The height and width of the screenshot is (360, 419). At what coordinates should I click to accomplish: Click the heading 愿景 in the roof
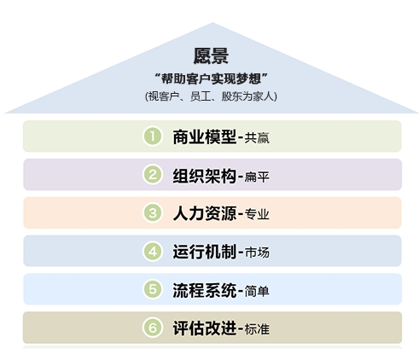tap(211, 55)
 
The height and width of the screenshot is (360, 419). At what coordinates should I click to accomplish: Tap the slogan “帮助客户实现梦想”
tap(211, 78)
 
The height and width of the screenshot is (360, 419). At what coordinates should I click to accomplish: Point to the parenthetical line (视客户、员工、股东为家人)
tap(211, 96)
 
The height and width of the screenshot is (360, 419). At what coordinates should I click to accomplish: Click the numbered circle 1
tap(153, 136)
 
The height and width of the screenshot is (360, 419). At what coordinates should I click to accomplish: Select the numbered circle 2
tap(153, 175)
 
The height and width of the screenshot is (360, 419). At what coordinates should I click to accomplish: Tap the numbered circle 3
tap(153, 212)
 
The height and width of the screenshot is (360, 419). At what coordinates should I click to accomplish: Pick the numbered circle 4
tap(153, 252)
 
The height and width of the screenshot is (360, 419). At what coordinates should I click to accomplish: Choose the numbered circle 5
tap(153, 289)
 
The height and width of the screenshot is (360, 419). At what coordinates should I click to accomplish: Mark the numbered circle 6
tap(153, 328)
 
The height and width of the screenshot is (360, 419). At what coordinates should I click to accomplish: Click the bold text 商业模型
tap(205, 136)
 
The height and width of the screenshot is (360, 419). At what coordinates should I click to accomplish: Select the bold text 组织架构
tap(205, 176)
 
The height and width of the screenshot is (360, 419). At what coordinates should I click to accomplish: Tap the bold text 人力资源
tap(205, 213)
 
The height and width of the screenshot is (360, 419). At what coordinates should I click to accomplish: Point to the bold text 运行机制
tap(205, 252)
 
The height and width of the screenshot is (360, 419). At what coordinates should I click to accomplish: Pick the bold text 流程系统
tap(205, 290)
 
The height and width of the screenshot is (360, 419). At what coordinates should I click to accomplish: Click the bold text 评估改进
tap(205, 328)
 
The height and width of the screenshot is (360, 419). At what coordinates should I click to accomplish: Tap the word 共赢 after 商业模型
tap(257, 138)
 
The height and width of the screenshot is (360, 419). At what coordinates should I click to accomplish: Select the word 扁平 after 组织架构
tap(257, 177)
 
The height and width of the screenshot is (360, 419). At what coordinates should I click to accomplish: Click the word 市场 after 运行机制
tap(257, 253)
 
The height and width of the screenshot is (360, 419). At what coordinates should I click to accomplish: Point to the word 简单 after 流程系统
tap(257, 291)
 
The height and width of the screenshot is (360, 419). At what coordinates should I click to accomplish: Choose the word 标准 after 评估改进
tap(257, 329)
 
